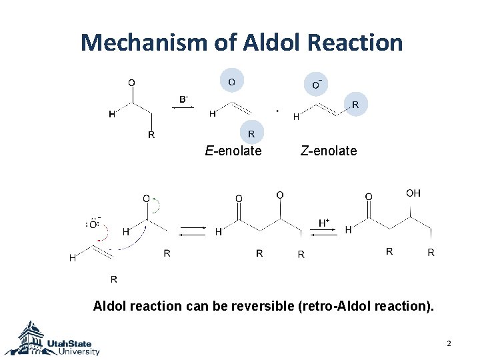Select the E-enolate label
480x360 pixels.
point(233,151)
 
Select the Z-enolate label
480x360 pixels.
point(329,151)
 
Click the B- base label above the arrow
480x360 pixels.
point(183,99)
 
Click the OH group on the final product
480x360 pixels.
point(413,193)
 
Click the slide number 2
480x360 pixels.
point(449,343)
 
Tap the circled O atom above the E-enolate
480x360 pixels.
point(231,81)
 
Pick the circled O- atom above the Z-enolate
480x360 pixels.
point(317,84)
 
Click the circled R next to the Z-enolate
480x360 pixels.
point(355,105)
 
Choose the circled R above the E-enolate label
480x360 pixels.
point(251,134)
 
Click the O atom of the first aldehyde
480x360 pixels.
point(131,83)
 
